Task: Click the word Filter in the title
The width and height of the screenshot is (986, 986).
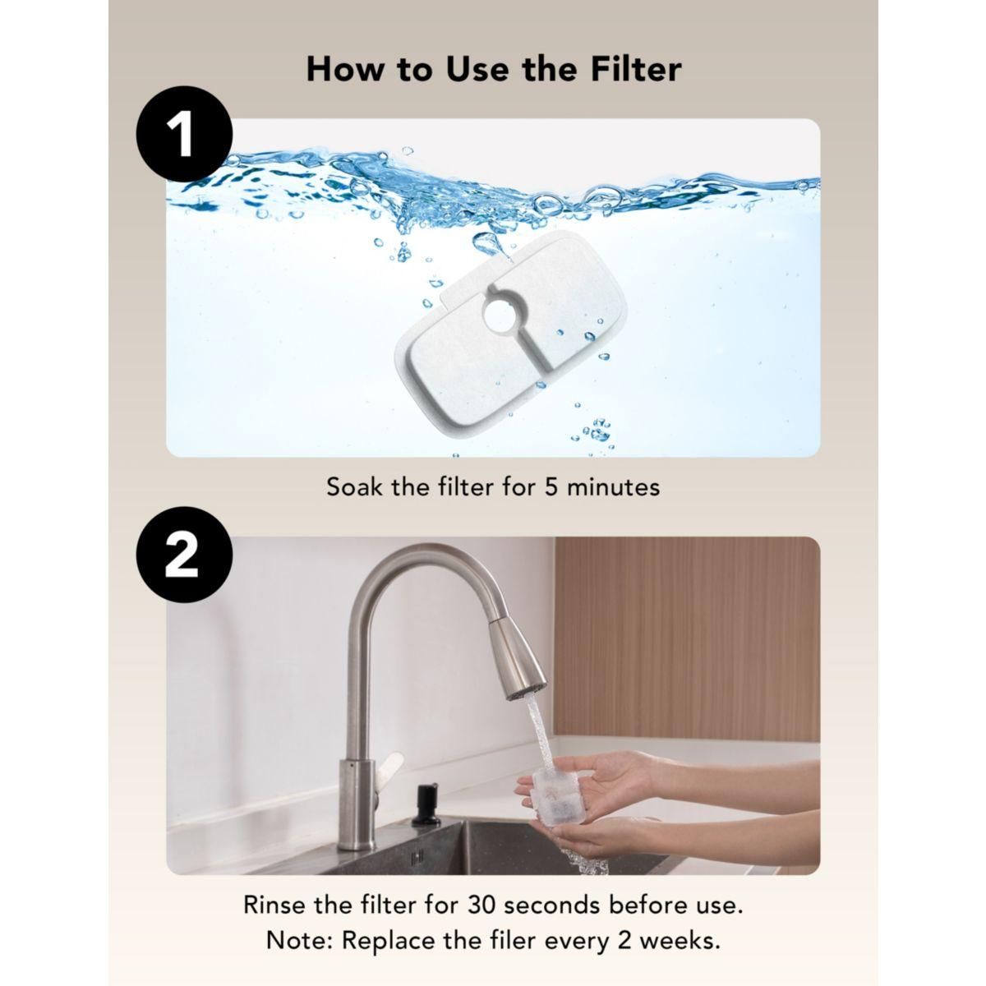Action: (x=636, y=69)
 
